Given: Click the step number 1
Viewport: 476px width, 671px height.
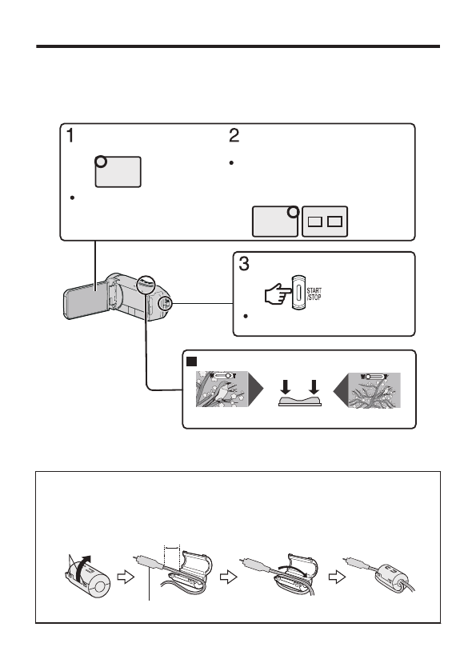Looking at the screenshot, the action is [x=70, y=136].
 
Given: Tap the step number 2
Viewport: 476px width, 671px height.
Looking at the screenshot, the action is [x=234, y=136].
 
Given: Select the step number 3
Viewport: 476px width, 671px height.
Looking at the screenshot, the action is [x=243, y=264].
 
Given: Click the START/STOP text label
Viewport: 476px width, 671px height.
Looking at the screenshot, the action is [x=314, y=294].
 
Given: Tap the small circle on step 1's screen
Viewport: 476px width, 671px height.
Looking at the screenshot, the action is [x=101, y=162].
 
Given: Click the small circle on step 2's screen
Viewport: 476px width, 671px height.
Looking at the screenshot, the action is [x=293, y=211].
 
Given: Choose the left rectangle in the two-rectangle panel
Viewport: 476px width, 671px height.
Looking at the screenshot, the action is [x=315, y=222].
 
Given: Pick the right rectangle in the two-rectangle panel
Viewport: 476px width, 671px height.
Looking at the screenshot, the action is [x=334, y=222].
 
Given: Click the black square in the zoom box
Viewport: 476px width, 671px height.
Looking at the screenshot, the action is [x=191, y=361].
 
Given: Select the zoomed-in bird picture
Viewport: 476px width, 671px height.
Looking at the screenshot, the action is [x=222, y=389].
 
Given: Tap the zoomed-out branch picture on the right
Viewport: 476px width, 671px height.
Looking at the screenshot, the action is [x=374, y=389].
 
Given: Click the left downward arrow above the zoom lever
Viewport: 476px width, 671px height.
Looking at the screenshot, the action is [x=286, y=386].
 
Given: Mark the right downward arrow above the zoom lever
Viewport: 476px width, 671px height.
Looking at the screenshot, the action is [x=314, y=386].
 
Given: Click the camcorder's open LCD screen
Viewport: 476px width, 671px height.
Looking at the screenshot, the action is [x=86, y=301].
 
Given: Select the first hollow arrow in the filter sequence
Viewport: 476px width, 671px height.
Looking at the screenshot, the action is [x=126, y=577].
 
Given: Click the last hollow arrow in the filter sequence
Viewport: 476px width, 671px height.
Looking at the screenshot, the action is [x=338, y=577].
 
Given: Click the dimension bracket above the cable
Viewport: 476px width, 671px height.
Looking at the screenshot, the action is [x=172, y=547].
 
